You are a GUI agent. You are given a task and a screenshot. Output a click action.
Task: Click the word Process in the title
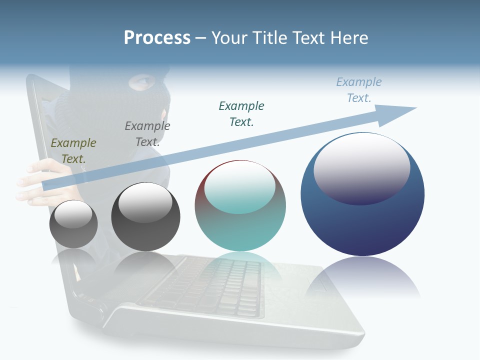(x=157, y=37)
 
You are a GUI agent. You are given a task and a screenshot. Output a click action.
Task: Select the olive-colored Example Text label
(x=73, y=150)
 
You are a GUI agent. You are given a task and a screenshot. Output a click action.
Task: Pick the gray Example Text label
(x=147, y=133)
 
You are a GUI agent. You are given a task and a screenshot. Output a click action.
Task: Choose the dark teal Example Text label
(x=241, y=113)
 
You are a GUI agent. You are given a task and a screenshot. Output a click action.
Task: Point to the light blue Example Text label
(x=359, y=89)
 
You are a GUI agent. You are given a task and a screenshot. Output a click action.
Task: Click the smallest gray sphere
(x=73, y=224)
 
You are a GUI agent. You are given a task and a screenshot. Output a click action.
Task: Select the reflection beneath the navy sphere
(x=362, y=277)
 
